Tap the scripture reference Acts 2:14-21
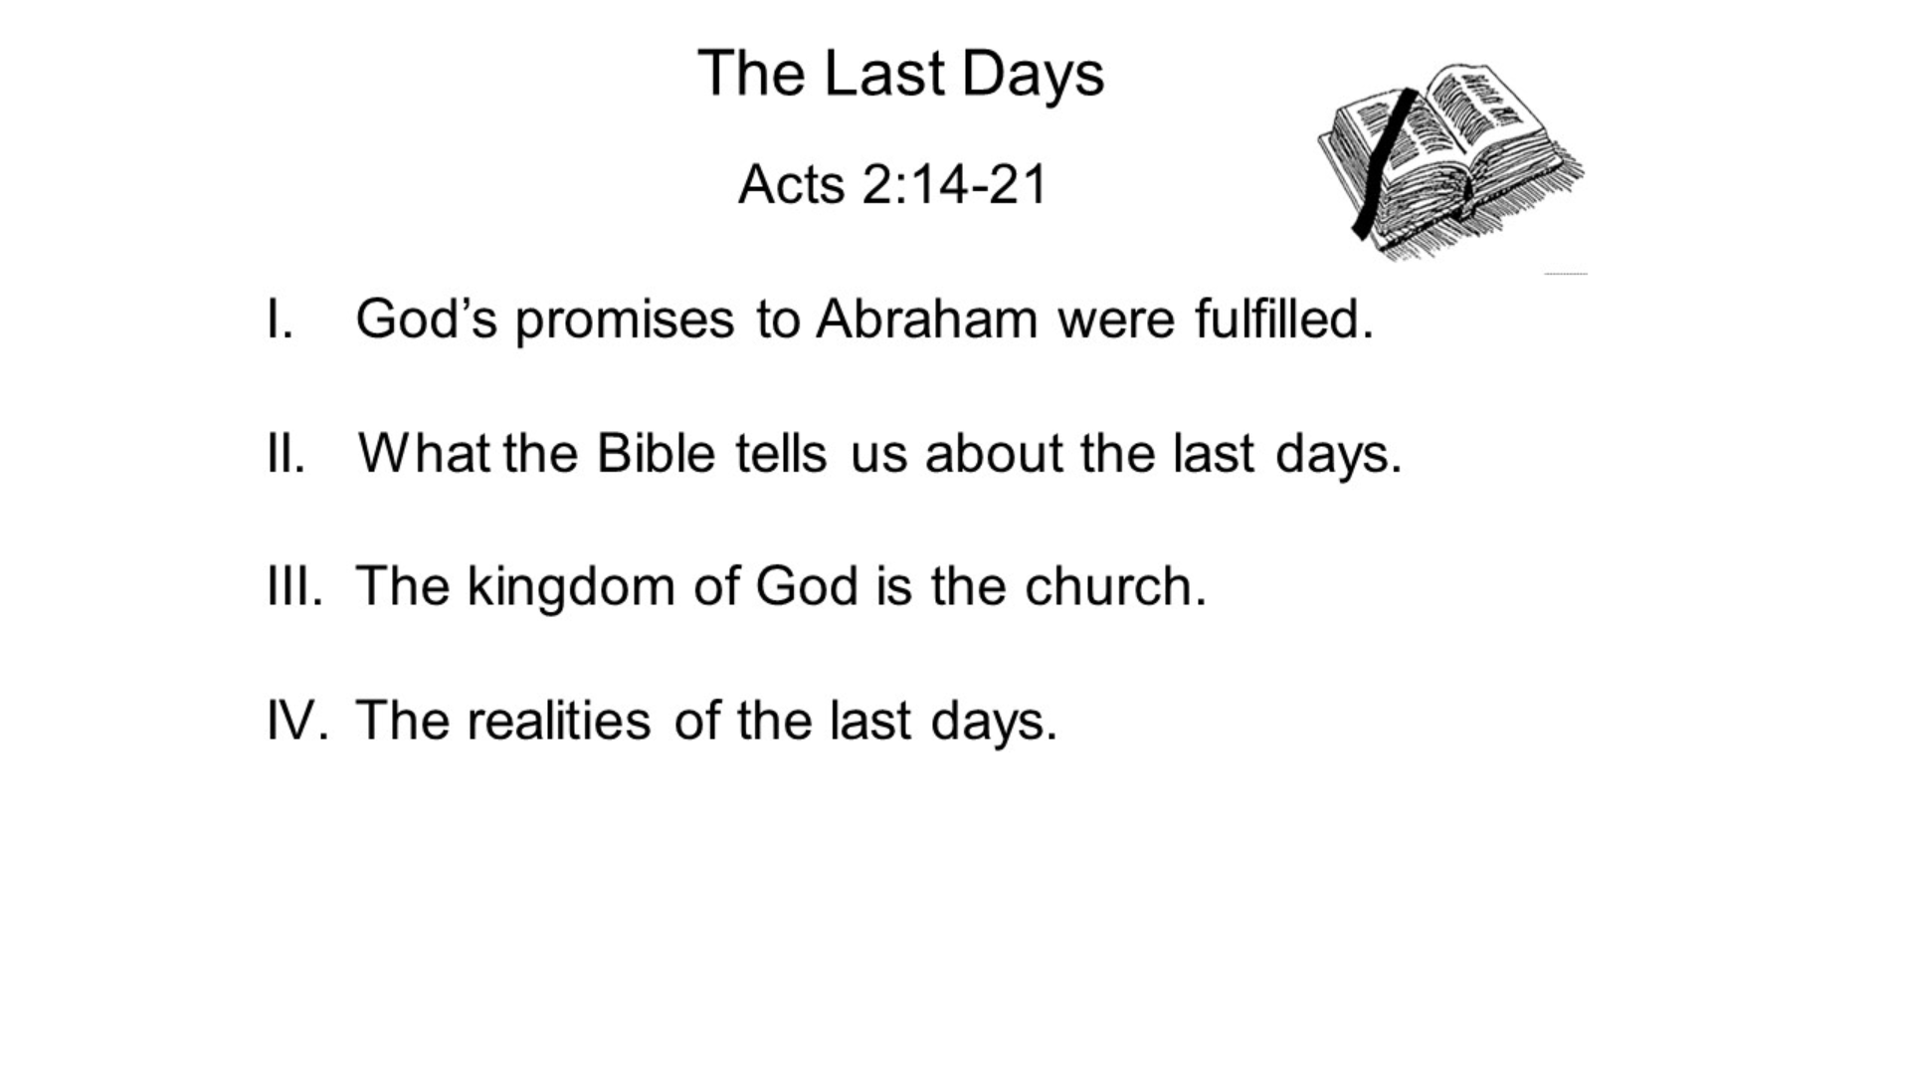892,184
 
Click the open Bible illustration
1452,159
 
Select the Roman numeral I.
280,320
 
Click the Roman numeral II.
286,454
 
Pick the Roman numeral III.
294,586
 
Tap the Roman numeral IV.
296,721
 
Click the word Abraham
926,320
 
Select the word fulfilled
1283,320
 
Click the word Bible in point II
656,454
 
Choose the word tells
781,454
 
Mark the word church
1114,586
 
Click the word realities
559,721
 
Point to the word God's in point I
426,320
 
